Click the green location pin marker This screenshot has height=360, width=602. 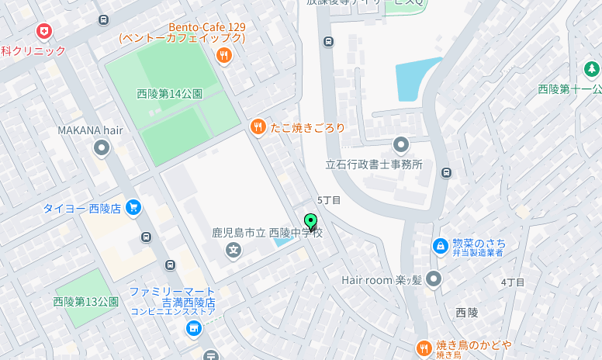[x=311, y=222]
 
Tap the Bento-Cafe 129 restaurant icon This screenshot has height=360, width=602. [x=224, y=54]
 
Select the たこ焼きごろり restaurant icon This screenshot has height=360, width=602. [x=258, y=126]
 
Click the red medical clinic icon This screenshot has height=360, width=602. [x=44, y=32]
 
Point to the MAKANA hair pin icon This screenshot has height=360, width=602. [x=102, y=147]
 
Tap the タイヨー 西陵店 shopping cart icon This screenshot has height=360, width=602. [x=133, y=207]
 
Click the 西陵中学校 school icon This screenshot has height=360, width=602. [x=233, y=250]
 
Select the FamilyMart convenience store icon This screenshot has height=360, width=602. [x=193, y=328]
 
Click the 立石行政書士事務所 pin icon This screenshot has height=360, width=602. [x=400, y=144]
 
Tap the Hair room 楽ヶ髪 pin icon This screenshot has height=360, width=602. [x=433, y=279]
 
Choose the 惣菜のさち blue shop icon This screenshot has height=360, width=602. [x=440, y=246]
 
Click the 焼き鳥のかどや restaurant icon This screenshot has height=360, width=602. [x=424, y=348]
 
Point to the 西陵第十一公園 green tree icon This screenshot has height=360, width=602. [x=592, y=70]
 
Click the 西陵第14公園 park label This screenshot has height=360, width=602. [x=169, y=94]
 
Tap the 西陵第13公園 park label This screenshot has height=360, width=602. [x=85, y=301]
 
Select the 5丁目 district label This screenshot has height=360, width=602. [x=329, y=200]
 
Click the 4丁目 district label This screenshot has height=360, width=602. [x=513, y=282]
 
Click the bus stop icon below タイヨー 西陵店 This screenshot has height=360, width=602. [x=146, y=237]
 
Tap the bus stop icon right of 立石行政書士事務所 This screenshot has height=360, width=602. [x=446, y=172]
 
